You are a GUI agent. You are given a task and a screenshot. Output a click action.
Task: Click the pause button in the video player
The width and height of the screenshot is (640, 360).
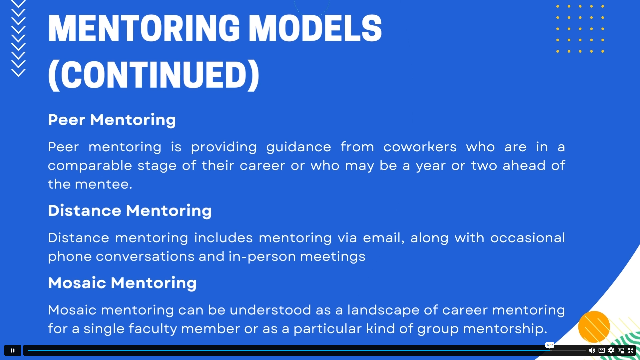(x=13, y=350)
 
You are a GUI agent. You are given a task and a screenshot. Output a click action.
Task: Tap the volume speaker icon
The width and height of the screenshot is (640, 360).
(x=592, y=350)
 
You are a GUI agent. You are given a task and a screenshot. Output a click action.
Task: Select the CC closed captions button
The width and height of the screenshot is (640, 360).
(x=601, y=350)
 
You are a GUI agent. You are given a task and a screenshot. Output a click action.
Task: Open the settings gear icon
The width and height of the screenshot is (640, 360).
(x=611, y=350)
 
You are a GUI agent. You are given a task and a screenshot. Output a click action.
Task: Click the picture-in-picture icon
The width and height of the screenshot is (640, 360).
(x=621, y=350)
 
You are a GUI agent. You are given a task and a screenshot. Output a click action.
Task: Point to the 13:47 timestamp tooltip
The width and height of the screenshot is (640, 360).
(x=550, y=345)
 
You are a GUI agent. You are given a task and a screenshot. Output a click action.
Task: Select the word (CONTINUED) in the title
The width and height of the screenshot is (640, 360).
(x=154, y=75)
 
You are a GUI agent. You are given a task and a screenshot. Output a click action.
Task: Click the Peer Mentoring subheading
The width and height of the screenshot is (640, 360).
(x=112, y=120)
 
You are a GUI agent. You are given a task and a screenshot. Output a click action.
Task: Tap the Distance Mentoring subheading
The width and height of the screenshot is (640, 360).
(x=130, y=211)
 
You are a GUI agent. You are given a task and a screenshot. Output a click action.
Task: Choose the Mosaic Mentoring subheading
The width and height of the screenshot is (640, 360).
(x=122, y=283)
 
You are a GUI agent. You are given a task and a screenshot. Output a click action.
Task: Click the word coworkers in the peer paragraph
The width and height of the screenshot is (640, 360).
(x=420, y=147)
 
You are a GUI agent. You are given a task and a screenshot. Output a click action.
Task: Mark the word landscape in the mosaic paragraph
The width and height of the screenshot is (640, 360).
(x=383, y=310)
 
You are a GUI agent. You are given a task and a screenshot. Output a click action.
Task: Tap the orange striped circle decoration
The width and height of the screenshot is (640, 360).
(x=594, y=327)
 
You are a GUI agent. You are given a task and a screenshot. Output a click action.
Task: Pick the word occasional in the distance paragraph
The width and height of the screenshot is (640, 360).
(x=528, y=238)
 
